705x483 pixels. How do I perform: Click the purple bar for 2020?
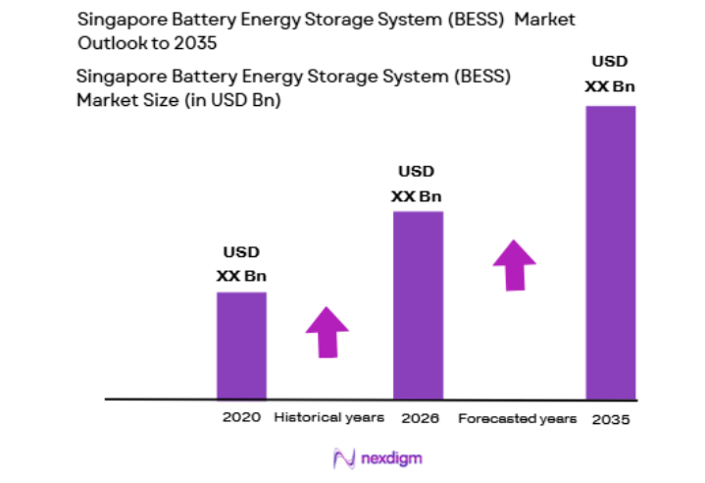[x=241, y=346]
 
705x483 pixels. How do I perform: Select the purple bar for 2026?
[x=418, y=305]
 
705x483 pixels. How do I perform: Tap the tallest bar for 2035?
[x=610, y=252]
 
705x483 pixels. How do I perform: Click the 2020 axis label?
[x=241, y=418]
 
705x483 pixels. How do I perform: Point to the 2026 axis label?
[x=420, y=418]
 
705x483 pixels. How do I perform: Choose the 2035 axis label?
[x=611, y=419]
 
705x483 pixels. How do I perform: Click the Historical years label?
[x=328, y=418]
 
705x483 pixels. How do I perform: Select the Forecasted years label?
[x=517, y=418]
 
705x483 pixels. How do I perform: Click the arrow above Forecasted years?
[x=514, y=264]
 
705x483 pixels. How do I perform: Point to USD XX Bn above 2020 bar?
[x=241, y=263]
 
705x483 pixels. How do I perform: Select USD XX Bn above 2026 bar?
[x=417, y=184]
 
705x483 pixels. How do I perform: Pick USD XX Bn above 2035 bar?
[x=610, y=75]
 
